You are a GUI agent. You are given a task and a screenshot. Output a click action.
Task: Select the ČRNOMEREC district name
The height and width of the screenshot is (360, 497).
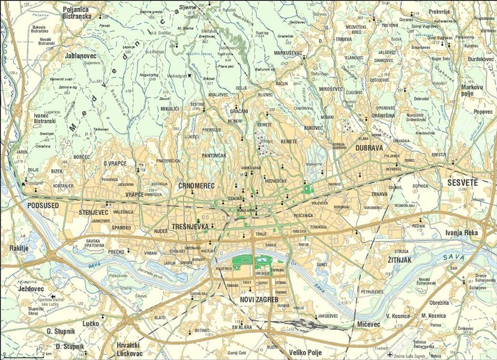[196, 187]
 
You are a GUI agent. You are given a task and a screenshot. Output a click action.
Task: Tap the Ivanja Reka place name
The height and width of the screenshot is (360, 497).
[461, 232]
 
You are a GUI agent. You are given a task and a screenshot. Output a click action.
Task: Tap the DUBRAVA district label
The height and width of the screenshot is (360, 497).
[369, 146]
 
